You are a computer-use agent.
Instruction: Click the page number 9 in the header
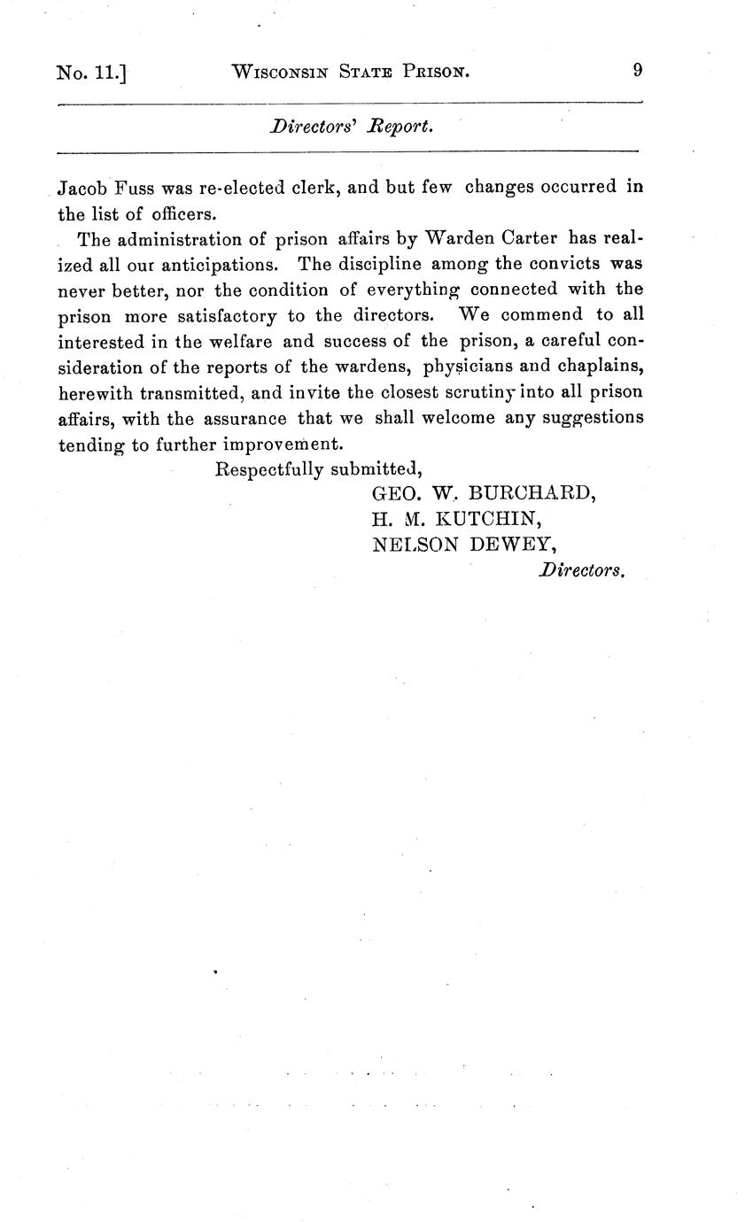point(637,70)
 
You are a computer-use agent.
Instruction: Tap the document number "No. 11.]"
point(90,72)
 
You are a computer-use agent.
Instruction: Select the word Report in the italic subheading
point(402,127)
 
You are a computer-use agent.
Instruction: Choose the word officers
point(182,213)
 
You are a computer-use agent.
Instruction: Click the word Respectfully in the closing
point(269,468)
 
